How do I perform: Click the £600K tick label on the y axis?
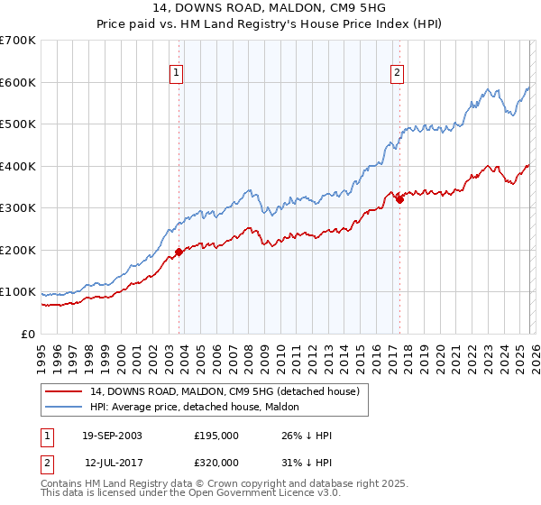[18, 82]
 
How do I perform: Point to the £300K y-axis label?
[18, 208]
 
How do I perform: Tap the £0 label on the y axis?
[29, 335]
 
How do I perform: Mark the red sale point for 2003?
[179, 252]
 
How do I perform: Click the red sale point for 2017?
[399, 199]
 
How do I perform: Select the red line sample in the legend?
[64, 391]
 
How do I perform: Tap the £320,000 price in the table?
[215, 461]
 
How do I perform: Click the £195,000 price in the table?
[215, 436]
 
